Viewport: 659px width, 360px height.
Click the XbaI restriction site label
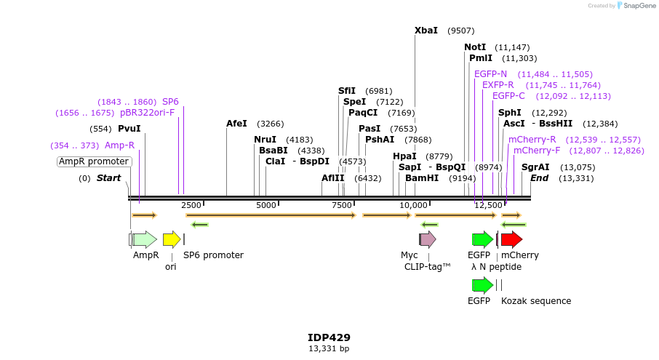(426, 31)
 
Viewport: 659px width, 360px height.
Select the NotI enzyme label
(475, 47)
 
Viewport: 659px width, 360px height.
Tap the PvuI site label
(129, 129)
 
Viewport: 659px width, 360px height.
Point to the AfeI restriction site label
(236, 124)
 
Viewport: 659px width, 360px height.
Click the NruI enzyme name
(265, 140)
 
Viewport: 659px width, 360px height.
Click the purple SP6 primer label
(170, 102)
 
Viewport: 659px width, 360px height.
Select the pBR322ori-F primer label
(148, 113)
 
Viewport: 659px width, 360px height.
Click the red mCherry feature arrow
(511, 239)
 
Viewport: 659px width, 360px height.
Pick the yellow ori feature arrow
(172, 239)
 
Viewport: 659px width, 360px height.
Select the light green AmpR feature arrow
(145, 239)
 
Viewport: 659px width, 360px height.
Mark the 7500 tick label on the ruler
(343, 205)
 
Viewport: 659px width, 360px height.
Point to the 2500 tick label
(191, 205)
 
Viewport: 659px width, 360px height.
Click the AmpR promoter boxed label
(94, 161)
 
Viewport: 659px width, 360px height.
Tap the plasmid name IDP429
(329, 337)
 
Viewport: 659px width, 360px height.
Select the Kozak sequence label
(536, 301)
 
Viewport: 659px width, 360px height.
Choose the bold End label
(539, 178)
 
